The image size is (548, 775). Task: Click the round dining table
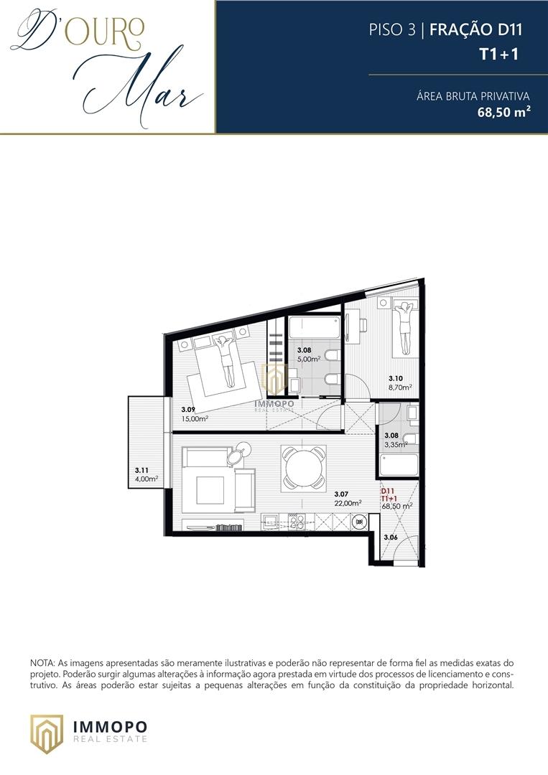[304, 468]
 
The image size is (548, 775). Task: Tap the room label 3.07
[341, 494]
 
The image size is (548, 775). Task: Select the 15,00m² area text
[195, 418]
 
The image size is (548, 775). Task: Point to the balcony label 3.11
[141, 471]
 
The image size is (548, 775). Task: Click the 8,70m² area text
[400, 387]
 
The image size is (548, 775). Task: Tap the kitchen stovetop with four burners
[297, 522]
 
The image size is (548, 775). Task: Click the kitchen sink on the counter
[271, 522]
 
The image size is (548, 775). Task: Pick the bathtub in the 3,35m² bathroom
[399, 465]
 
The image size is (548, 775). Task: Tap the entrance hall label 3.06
[391, 537]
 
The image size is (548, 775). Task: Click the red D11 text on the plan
[387, 492]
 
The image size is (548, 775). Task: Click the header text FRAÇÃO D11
[475, 29]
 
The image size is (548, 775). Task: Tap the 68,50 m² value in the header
[504, 112]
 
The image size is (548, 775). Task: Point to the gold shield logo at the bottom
[47, 733]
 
